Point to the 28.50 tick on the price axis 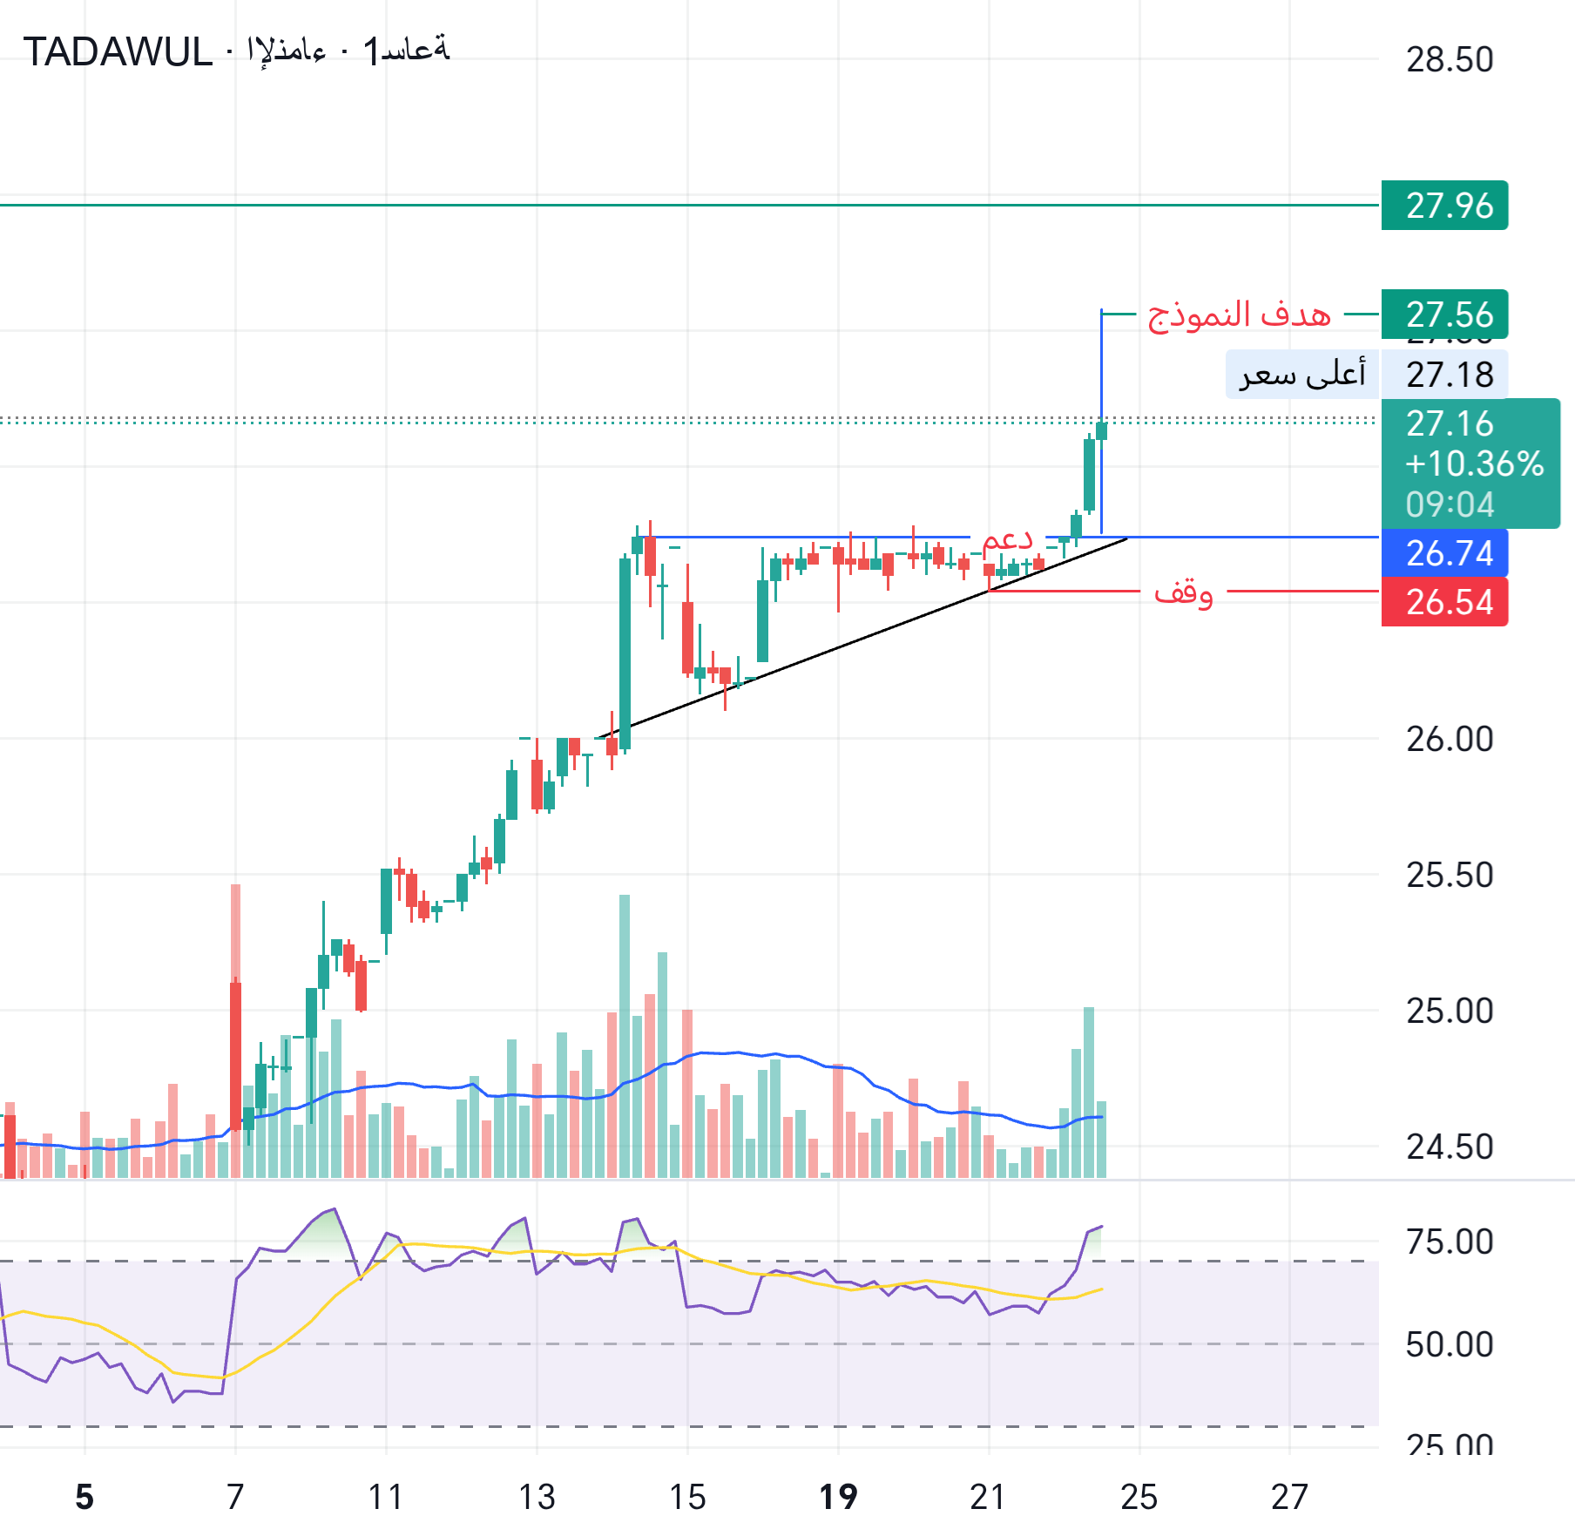point(1450,60)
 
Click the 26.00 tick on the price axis point(1450,740)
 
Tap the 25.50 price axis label point(1450,876)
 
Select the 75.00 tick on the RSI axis point(1450,1242)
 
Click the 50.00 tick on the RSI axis point(1450,1345)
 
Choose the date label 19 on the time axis point(838,1497)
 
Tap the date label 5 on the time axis point(84,1497)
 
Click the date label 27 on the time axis point(1289,1497)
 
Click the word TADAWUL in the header point(118,52)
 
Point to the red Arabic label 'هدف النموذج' point(1239,315)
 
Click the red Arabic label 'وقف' point(1183,592)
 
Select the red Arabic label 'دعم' point(1007,538)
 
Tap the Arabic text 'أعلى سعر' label point(1302,375)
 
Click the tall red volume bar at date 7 point(235,1028)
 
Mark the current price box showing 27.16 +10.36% point(1470,464)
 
